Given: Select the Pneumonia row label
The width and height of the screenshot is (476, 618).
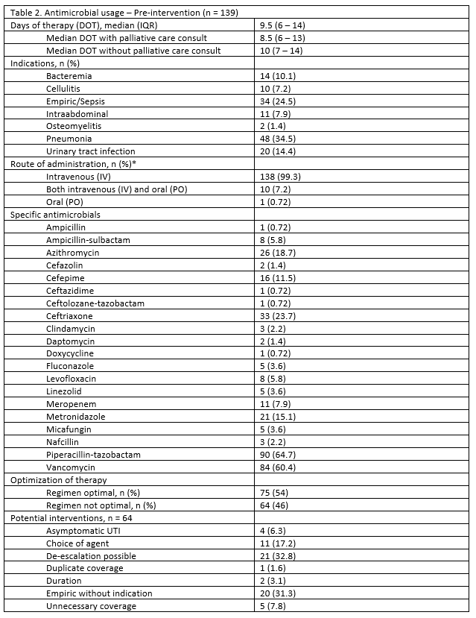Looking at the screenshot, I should [69, 139].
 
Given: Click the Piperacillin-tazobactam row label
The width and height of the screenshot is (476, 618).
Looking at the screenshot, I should [93, 454].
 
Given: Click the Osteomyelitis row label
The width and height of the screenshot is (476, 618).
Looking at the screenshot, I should [74, 126].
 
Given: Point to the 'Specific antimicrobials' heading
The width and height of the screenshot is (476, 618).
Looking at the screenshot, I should [55, 215].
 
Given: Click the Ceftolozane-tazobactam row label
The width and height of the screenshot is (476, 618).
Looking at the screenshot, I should [95, 303].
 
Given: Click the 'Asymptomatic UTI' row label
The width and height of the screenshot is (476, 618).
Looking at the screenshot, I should [81, 530].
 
